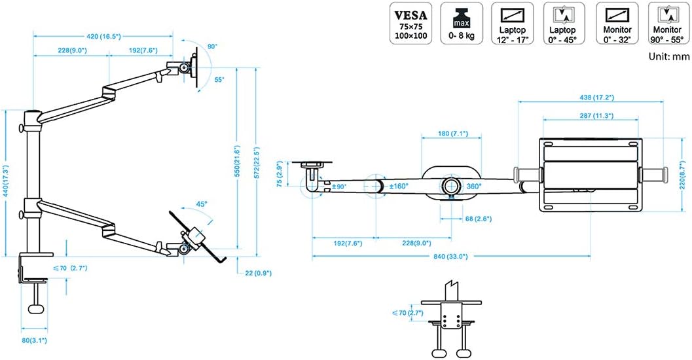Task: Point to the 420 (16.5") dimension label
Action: (102, 37)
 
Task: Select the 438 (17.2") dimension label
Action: (591, 98)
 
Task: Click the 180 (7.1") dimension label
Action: (452, 134)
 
